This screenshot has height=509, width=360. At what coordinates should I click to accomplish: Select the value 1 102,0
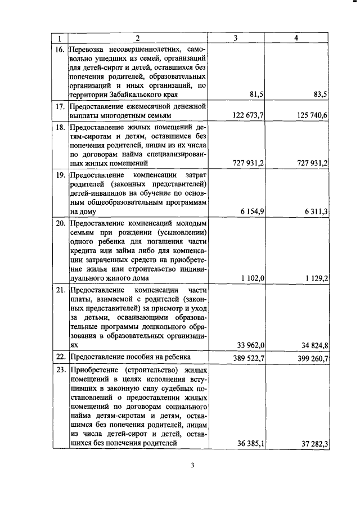[x=252, y=278]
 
